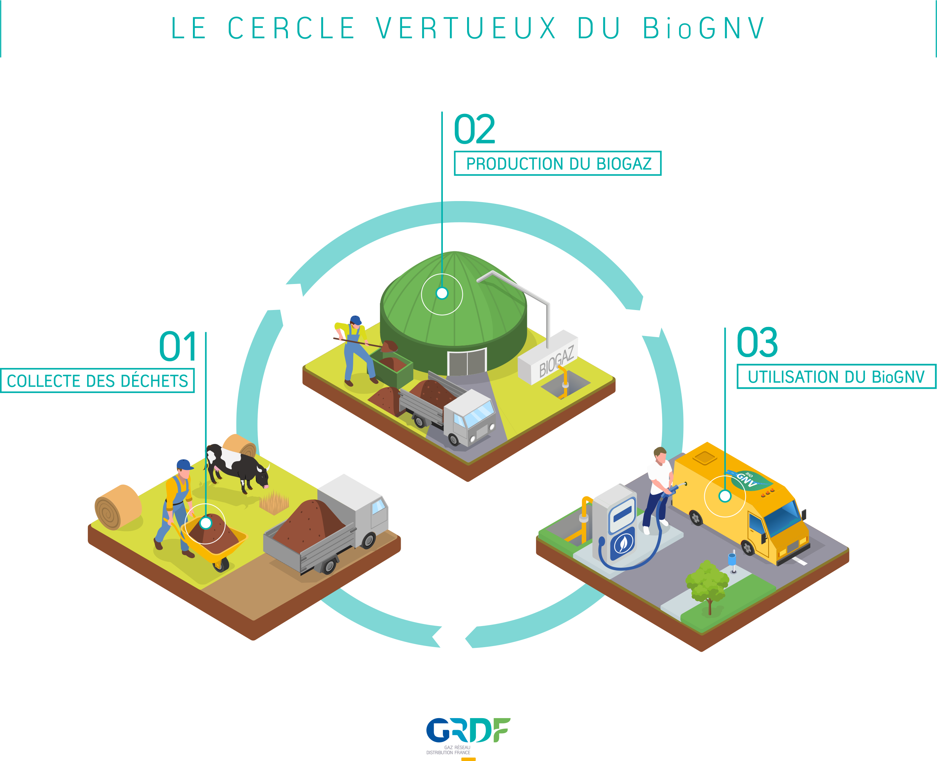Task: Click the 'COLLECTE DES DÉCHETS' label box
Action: pyautogui.click(x=97, y=380)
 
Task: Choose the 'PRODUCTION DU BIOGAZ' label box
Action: pyautogui.click(x=557, y=163)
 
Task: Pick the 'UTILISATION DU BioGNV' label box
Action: pyautogui.click(x=836, y=376)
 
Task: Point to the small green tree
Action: pyautogui.click(x=706, y=585)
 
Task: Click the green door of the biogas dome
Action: pyautogui.click(x=467, y=362)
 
